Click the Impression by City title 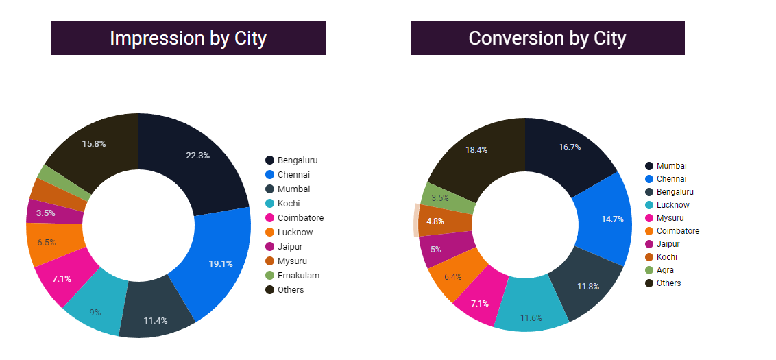[x=188, y=38]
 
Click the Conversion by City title [x=547, y=38]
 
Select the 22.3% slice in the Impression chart [x=197, y=156]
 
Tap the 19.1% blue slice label [x=221, y=263]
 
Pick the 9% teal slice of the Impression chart [x=95, y=312]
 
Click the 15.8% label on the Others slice [x=94, y=144]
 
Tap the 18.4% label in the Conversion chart [x=476, y=150]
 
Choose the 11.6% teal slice [x=531, y=318]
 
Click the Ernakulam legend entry [x=298, y=276]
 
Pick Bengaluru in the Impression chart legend [x=297, y=160]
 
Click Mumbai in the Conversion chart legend [x=671, y=166]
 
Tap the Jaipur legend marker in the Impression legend [x=270, y=247]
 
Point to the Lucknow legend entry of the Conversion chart [x=672, y=205]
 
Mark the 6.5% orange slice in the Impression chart [x=47, y=243]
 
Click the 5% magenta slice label [x=436, y=249]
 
